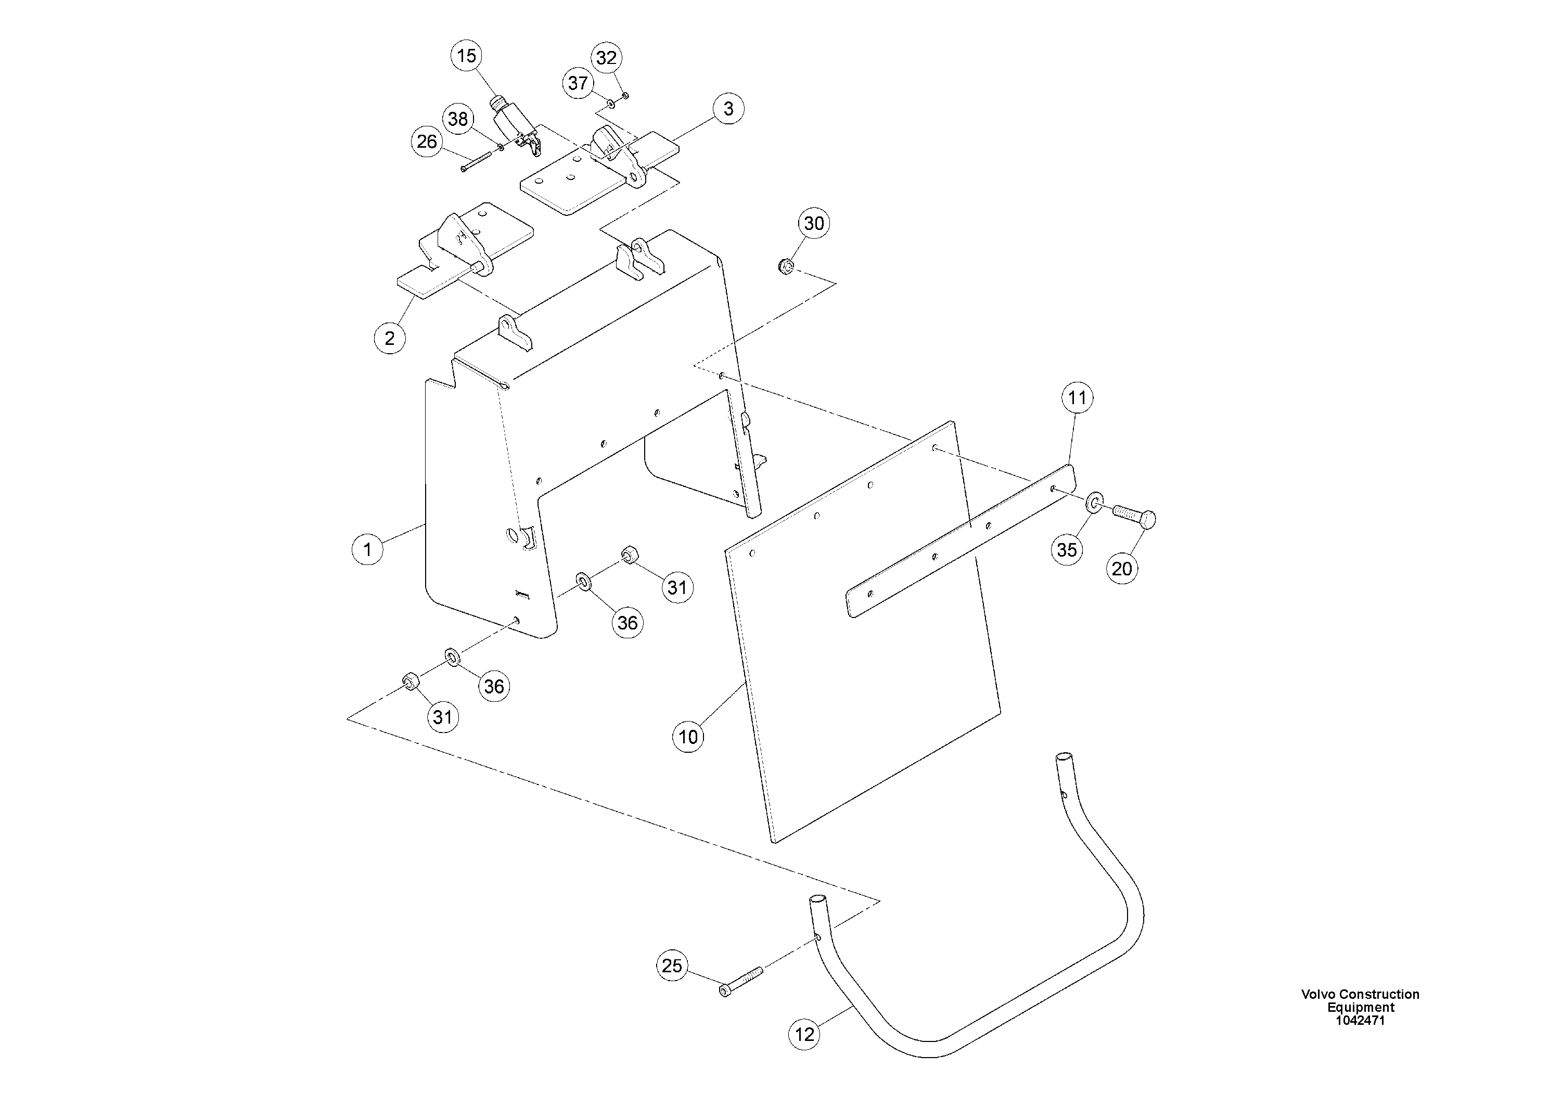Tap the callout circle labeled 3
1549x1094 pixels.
[x=728, y=109]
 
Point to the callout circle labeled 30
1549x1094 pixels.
[x=814, y=223]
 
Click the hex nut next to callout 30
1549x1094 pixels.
[x=785, y=264]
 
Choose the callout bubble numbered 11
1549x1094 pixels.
[x=1078, y=398]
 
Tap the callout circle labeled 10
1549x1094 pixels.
[x=688, y=737]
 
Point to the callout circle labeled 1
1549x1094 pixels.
[x=368, y=549]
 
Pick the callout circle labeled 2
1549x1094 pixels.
[x=389, y=338]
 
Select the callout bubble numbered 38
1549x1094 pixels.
[x=458, y=119]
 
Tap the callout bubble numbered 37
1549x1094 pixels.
[x=578, y=84]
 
